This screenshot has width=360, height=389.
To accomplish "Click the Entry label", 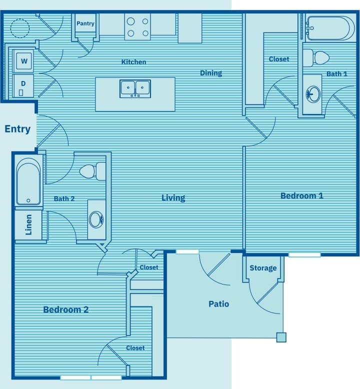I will pos(17,129).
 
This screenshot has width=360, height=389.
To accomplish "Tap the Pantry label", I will pos(85,23).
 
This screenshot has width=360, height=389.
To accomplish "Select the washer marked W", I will pos(23,61).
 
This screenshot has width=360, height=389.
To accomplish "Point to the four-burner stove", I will pos(137,27).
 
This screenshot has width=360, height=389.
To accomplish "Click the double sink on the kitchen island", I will pos(135,88).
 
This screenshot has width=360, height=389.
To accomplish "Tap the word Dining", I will pos(211,73).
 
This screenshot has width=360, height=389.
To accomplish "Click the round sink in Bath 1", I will pos(313,93).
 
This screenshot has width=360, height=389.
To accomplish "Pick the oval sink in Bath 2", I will pos(96,219).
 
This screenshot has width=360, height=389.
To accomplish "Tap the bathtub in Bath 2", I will pos(28,182).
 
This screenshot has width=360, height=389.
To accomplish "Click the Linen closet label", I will pos(28,224).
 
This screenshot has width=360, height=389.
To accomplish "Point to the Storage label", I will pos(263,268).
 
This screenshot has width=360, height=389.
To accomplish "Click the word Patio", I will pos(218,303).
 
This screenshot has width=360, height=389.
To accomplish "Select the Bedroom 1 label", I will pos(301,195).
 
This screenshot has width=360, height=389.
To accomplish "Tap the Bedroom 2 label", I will pos(65,309).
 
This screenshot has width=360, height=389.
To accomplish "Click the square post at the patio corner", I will pos(281,337).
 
